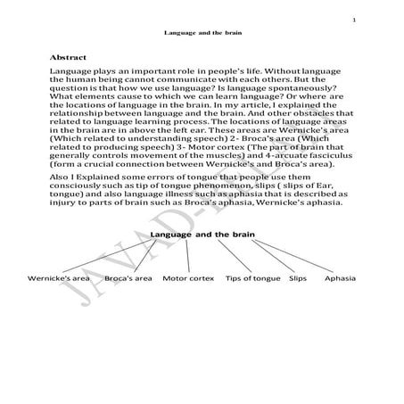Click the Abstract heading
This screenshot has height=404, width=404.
[x=69, y=54]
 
